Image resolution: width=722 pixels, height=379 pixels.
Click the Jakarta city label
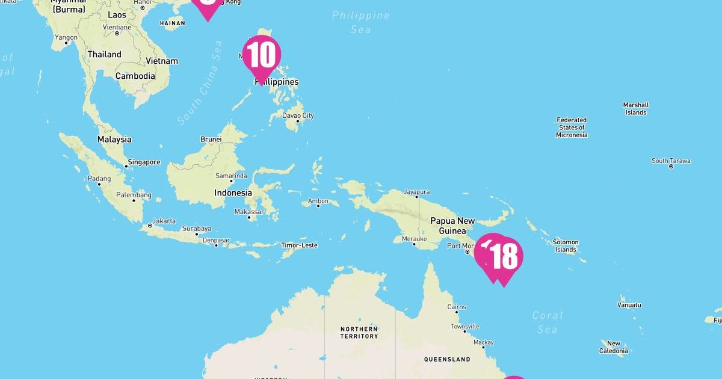point(164,221)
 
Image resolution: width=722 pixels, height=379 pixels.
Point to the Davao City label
point(299,116)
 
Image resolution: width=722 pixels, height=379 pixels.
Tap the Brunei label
point(211,139)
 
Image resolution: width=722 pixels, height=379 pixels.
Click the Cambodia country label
point(135,76)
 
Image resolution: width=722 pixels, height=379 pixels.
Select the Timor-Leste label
point(299,245)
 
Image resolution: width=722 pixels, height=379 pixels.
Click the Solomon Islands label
point(565,245)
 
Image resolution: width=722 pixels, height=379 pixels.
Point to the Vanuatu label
point(629,305)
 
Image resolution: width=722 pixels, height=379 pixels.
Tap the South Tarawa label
point(671,161)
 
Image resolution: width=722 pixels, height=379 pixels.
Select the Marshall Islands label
point(635,108)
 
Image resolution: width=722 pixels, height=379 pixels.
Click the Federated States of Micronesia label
point(572,128)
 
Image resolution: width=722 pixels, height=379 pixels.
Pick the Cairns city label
point(457,307)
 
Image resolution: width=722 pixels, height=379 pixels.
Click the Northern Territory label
point(359,332)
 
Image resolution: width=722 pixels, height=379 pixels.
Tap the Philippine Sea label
point(360,22)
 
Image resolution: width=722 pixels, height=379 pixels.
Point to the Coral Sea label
point(548,322)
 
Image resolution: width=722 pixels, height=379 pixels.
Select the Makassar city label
point(249,212)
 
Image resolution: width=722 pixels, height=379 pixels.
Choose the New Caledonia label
point(614,347)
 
